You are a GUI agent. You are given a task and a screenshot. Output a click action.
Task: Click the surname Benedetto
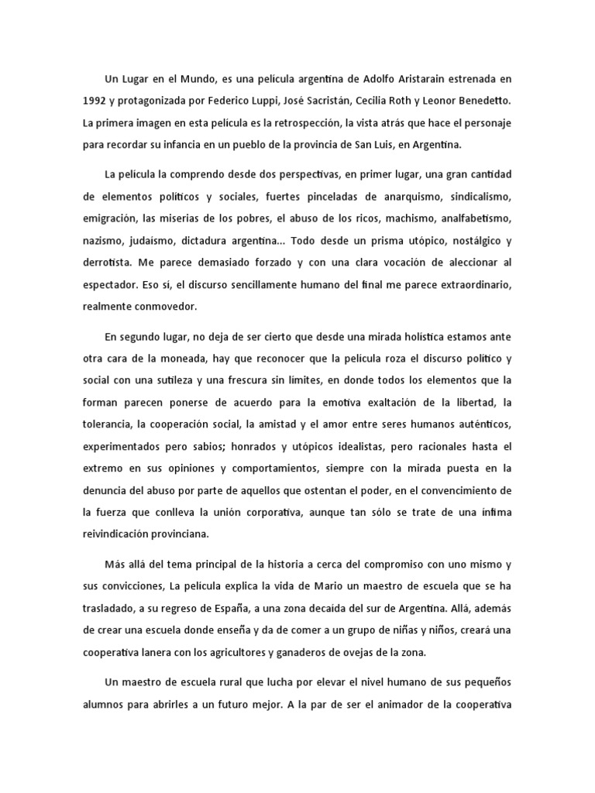click(482, 101)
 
